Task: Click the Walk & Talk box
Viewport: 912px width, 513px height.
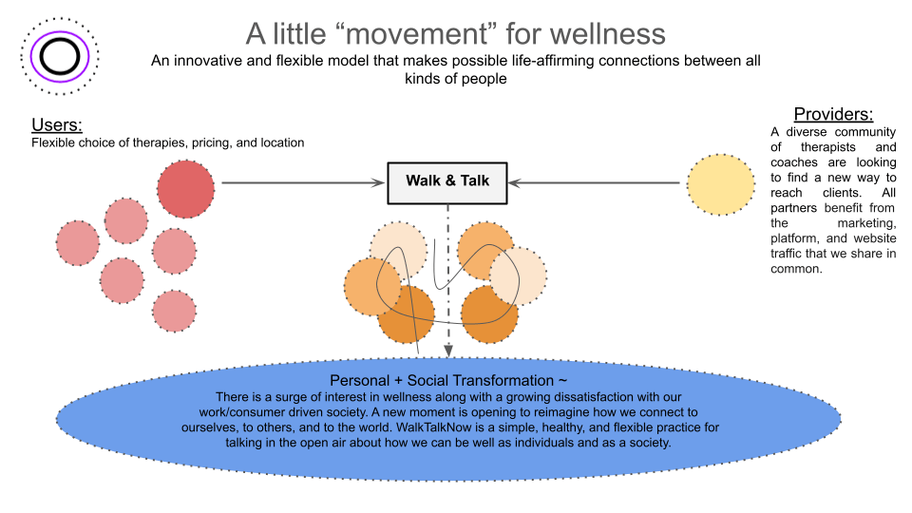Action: pyautogui.click(x=447, y=181)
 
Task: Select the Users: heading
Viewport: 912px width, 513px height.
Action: pyautogui.click(x=57, y=125)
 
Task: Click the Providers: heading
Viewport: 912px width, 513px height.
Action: pyautogui.click(x=833, y=114)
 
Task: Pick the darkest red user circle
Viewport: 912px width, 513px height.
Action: pyautogui.click(x=187, y=189)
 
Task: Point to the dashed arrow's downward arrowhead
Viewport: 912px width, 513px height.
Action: pyautogui.click(x=448, y=351)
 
